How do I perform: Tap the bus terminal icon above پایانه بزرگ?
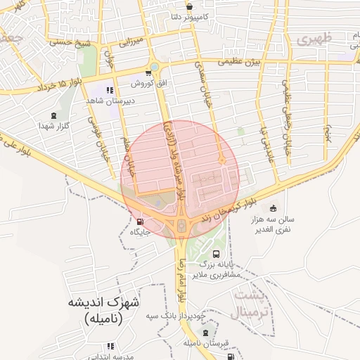(x=215, y=254)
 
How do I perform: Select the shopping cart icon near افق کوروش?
(x=148, y=72)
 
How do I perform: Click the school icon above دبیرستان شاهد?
(x=110, y=89)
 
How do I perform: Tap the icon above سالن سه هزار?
(x=272, y=208)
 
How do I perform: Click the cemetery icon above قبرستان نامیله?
(x=205, y=333)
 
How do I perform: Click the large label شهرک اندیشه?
(x=105, y=303)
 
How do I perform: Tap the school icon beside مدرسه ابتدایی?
(x=110, y=346)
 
